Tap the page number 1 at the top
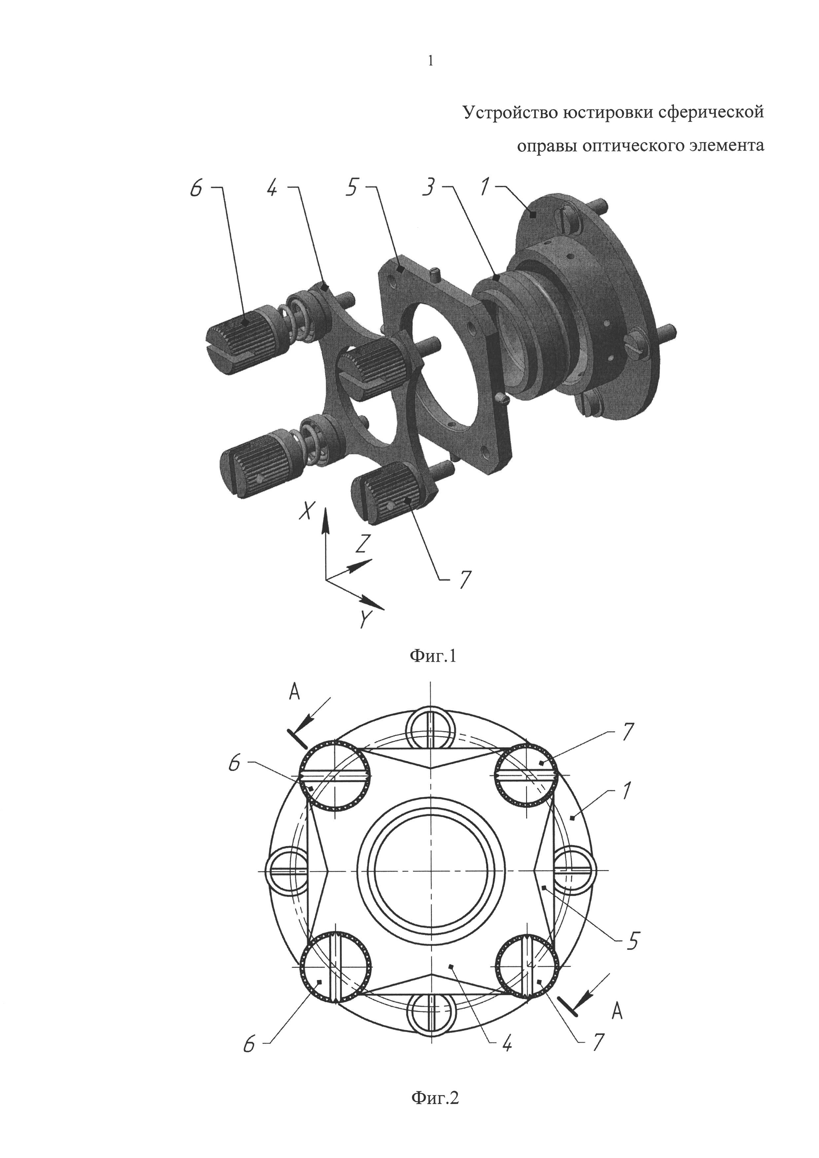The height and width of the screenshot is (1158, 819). (x=430, y=61)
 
